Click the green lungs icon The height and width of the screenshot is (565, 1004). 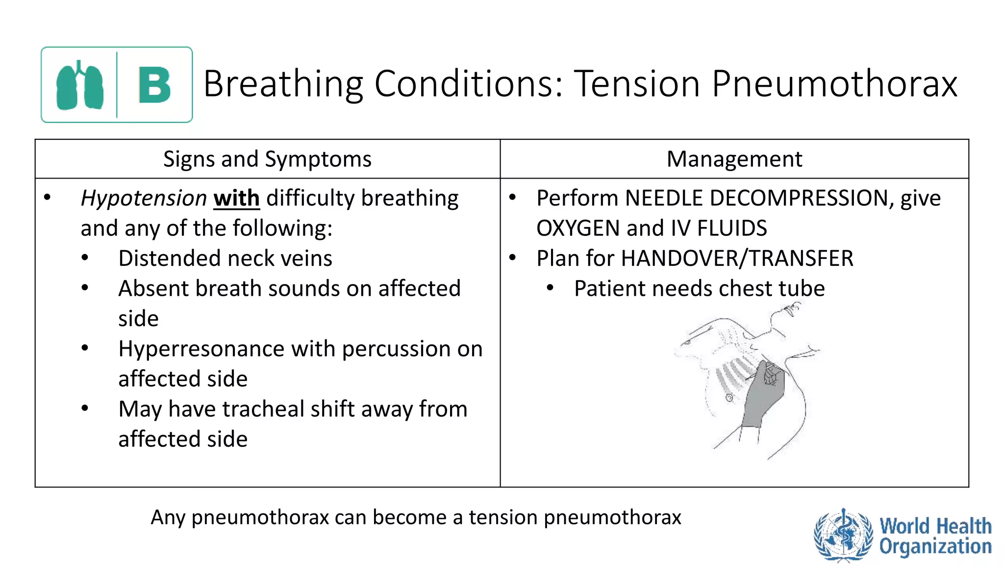pos(80,85)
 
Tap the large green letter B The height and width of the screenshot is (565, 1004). pos(154,85)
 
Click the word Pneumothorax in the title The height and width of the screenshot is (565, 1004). pos(834,84)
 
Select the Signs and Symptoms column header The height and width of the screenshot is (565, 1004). pos(267,159)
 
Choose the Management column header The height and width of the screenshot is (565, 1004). pos(734,159)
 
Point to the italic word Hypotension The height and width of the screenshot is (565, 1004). pos(144,199)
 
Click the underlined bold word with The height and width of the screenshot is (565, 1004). pos(236,199)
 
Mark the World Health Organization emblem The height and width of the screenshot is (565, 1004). pos(843,535)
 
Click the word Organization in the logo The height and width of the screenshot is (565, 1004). pos(935,546)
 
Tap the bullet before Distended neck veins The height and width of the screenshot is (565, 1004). pos(85,258)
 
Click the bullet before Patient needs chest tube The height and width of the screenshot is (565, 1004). pos(551,288)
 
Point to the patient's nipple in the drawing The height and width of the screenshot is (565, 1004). pos(729,398)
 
